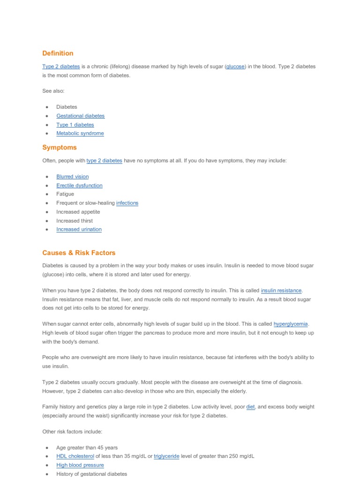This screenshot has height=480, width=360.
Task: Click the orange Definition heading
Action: point(58,53)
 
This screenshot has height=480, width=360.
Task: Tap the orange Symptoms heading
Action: point(59,147)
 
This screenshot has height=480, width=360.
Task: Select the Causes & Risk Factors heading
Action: point(79,253)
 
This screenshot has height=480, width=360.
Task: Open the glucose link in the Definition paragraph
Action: point(235,67)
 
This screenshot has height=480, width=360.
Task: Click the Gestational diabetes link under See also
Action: point(80,116)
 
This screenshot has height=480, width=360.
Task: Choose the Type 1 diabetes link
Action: point(75,125)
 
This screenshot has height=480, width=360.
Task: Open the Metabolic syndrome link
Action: point(80,133)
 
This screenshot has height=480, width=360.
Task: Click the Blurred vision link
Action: point(72,177)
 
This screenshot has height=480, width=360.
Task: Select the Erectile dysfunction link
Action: point(79,186)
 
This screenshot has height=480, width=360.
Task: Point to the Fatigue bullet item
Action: point(65,194)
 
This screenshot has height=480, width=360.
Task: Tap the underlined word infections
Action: point(127,203)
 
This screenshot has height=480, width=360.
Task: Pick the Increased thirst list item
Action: point(75,221)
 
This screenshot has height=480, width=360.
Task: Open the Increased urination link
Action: point(79,229)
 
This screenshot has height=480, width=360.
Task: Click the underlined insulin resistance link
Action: point(281,291)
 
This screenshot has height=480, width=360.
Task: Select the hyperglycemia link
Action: point(291,324)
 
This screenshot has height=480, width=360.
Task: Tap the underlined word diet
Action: point(250,407)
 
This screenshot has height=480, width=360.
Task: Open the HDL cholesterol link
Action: point(75,456)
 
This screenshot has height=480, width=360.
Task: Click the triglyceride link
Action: point(166,456)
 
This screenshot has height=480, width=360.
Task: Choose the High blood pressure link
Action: point(80,465)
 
